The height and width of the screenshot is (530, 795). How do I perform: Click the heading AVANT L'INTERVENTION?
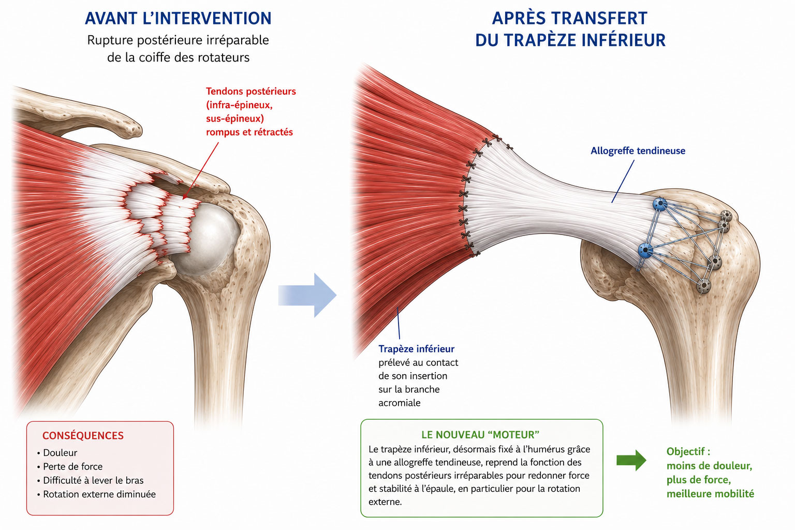(x=178, y=19)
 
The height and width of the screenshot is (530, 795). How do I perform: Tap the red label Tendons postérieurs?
(x=251, y=91)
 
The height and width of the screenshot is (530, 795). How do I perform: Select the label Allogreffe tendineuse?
(x=638, y=151)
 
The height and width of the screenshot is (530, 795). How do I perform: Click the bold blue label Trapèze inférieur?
(x=416, y=349)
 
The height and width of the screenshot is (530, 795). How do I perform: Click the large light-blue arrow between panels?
(x=307, y=295)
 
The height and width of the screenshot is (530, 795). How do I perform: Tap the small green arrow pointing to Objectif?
(x=631, y=460)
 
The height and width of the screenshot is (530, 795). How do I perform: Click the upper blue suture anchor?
(x=660, y=204)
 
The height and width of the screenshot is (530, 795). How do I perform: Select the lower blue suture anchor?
(x=645, y=251)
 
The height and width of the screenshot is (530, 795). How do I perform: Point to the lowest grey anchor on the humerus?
(x=703, y=286)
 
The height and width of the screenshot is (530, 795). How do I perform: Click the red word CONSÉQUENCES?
(x=83, y=436)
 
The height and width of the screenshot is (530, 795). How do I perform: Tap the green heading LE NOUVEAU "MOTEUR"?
(x=480, y=435)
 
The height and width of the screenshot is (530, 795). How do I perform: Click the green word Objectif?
(x=685, y=451)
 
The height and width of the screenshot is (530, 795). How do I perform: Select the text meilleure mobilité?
(x=710, y=494)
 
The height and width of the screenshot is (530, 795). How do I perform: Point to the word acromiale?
(x=399, y=403)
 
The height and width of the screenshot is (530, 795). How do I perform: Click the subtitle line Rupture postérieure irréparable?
(x=178, y=40)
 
